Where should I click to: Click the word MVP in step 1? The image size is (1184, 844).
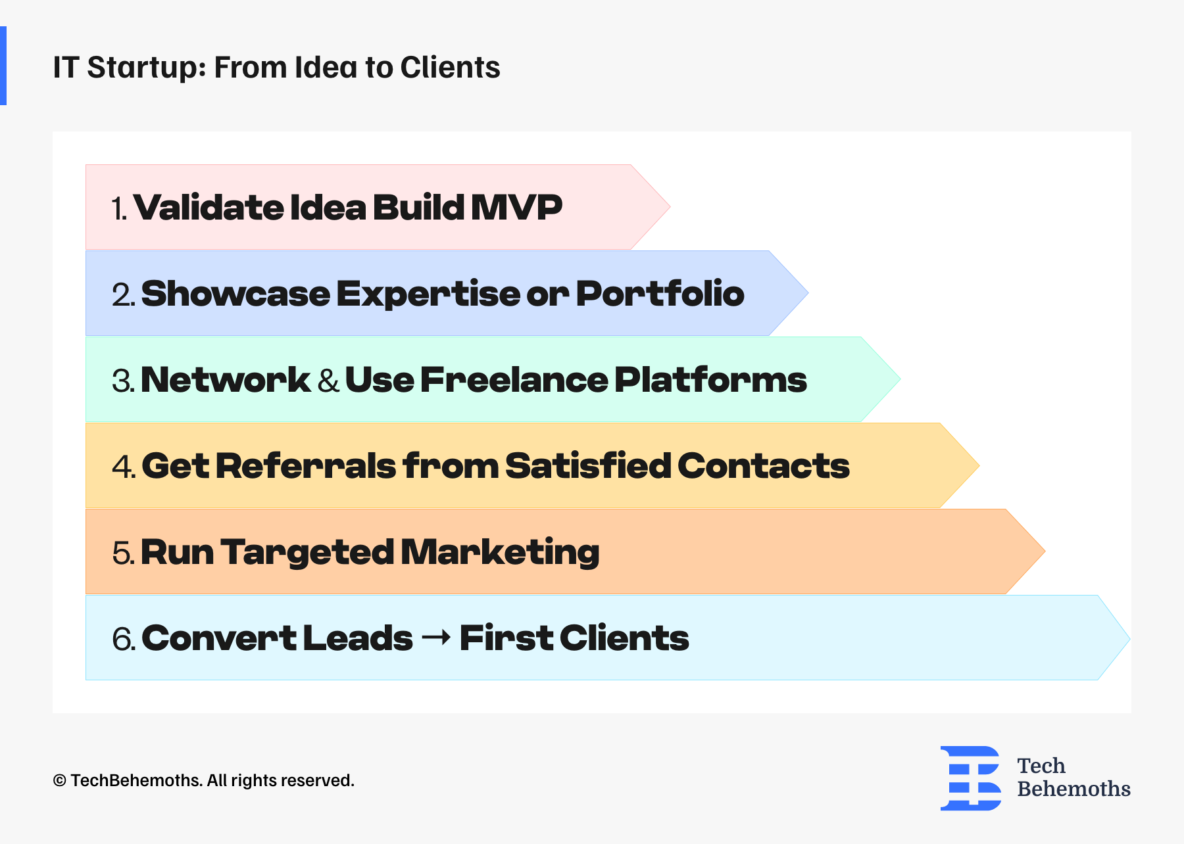click(516, 208)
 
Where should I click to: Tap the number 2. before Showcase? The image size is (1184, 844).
click(124, 294)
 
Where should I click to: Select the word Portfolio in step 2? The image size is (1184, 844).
click(660, 293)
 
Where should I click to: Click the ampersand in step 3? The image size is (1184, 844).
click(328, 381)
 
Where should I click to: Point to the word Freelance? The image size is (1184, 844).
click(514, 380)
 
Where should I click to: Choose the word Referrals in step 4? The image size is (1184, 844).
click(306, 466)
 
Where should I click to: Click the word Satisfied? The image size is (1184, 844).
click(588, 466)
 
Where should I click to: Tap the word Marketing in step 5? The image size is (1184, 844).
click(501, 553)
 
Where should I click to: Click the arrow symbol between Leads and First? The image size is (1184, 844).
click(436, 637)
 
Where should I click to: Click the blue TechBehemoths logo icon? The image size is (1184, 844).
click(971, 778)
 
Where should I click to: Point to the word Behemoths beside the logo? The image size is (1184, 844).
click(1073, 789)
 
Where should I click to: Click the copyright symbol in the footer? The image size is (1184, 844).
click(60, 781)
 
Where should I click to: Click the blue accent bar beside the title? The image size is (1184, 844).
click(3, 66)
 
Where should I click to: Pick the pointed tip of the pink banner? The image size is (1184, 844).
click(670, 207)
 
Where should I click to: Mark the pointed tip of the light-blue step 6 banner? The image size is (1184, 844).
click(1129, 638)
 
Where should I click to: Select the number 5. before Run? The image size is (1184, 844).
click(124, 553)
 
